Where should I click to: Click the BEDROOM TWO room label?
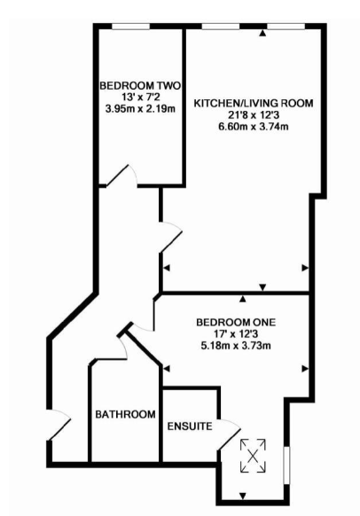(x=140, y=86)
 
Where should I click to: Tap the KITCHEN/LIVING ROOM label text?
(x=254, y=104)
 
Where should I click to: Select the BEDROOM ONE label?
(x=236, y=322)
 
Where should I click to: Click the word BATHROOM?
(x=125, y=414)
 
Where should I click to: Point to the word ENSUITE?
(x=190, y=426)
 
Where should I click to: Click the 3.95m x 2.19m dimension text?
(x=140, y=108)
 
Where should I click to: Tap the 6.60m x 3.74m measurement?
(x=254, y=127)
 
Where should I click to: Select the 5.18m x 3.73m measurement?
(x=236, y=346)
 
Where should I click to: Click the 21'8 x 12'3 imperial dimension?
(x=254, y=115)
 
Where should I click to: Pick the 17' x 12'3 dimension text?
(x=236, y=334)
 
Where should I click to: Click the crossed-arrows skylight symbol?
(x=253, y=456)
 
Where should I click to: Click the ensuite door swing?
(x=230, y=434)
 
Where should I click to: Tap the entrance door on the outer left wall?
(x=59, y=425)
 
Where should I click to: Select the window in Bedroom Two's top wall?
(x=130, y=27)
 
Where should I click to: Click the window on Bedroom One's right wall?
(x=286, y=465)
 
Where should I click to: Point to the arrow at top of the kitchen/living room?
(x=262, y=33)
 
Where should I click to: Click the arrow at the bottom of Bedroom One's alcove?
(x=243, y=496)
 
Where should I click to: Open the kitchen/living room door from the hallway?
(x=171, y=238)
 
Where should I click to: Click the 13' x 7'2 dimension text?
(x=140, y=98)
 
